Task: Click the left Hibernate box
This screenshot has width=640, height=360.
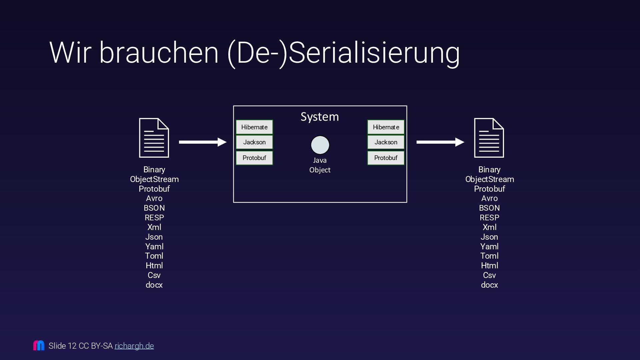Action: pyautogui.click(x=254, y=127)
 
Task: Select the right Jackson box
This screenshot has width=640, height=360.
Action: pyautogui.click(x=386, y=142)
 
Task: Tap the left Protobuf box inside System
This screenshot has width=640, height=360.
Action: pyautogui.click(x=254, y=158)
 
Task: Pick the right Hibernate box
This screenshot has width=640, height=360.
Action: pyautogui.click(x=386, y=127)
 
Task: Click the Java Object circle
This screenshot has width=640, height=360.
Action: pyautogui.click(x=320, y=145)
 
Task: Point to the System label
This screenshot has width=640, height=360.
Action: pyautogui.click(x=320, y=117)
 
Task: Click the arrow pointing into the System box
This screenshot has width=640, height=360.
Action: pyautogui.click(x=203, y=142)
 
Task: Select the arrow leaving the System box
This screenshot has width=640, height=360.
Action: pyautogui.click(x=440, y=142)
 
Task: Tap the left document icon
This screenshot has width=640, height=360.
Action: pyautogui.click(x=154, y=138)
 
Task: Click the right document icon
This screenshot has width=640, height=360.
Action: pyautogui.click(x=489, y=138)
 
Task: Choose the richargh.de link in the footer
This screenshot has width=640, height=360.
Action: pyautogui.click(x=134, y=346)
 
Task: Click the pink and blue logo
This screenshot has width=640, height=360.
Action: pyautogui.click(x=39, y=345)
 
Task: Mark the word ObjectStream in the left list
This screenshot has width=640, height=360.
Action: pyautogui.click(x=154, y=179)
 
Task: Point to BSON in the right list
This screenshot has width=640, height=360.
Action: pyautogui.click(x=489, y=208)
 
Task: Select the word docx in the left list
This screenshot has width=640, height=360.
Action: pyautogui.click(x=154, y=285)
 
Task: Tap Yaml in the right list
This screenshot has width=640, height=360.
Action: pyautogui.click(x=489, y=247)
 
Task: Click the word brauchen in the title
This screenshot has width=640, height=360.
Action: pyautogui.click(x=159, y=53)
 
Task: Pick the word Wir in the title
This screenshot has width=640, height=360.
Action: pyautogui.click(x=70, y=53)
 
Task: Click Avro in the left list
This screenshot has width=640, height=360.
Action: pyautogui.click(x=154, y=198)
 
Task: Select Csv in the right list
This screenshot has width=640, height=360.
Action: pyautogui.click(x=489, y=275)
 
